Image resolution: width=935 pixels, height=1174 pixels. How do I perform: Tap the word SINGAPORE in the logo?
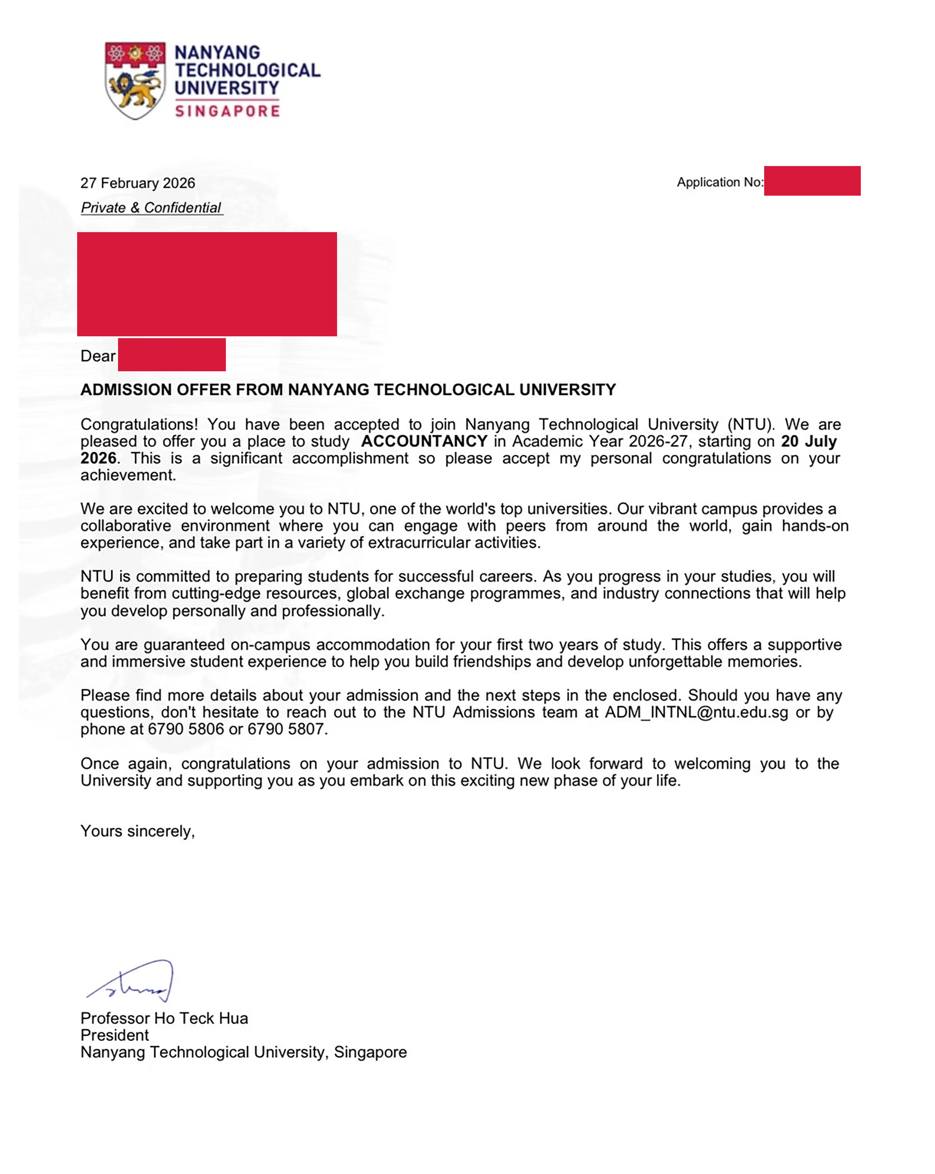(x=227, y=111)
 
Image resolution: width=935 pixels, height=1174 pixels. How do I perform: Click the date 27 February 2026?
(x=138, y=183)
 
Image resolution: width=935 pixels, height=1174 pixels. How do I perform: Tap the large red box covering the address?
(x=207, y=284)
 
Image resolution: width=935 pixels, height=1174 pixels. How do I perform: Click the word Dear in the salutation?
(x=98, y=356)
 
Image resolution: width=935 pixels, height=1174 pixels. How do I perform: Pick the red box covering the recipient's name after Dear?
(x=172, y=355)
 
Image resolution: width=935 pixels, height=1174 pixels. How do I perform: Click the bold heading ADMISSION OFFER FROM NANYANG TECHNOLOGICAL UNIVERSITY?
(x=348, y=390)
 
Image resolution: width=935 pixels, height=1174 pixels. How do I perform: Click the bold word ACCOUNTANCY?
(x=424, y=441)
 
